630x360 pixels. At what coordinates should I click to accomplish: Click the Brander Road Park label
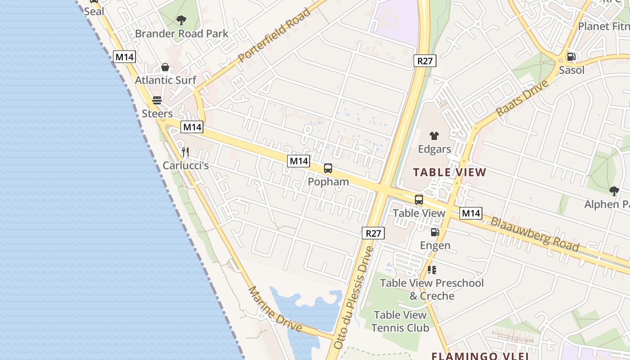181,34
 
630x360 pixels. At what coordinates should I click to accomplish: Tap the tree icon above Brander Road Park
181,20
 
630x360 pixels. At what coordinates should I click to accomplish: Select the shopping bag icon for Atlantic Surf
165,67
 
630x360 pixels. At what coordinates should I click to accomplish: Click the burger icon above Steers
157,100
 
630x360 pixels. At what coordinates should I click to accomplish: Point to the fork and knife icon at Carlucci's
185,152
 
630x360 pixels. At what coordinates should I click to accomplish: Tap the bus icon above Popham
328,169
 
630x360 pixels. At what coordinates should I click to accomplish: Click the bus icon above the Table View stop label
419,200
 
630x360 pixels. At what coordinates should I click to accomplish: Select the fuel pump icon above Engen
435,232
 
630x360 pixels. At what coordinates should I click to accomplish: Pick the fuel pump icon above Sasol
571,57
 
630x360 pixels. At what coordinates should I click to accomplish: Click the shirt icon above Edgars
434,135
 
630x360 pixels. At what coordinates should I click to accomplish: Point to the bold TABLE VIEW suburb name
450,172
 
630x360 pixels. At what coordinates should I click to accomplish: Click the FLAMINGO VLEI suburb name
480,356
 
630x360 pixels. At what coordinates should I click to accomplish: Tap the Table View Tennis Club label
400,321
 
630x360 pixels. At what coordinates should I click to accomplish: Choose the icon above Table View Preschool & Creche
432,270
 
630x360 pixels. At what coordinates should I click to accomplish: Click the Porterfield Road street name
274,35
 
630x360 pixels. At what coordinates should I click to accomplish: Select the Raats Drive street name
522,98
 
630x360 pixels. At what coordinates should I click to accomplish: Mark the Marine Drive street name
275,309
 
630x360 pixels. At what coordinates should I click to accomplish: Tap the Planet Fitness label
603,27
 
